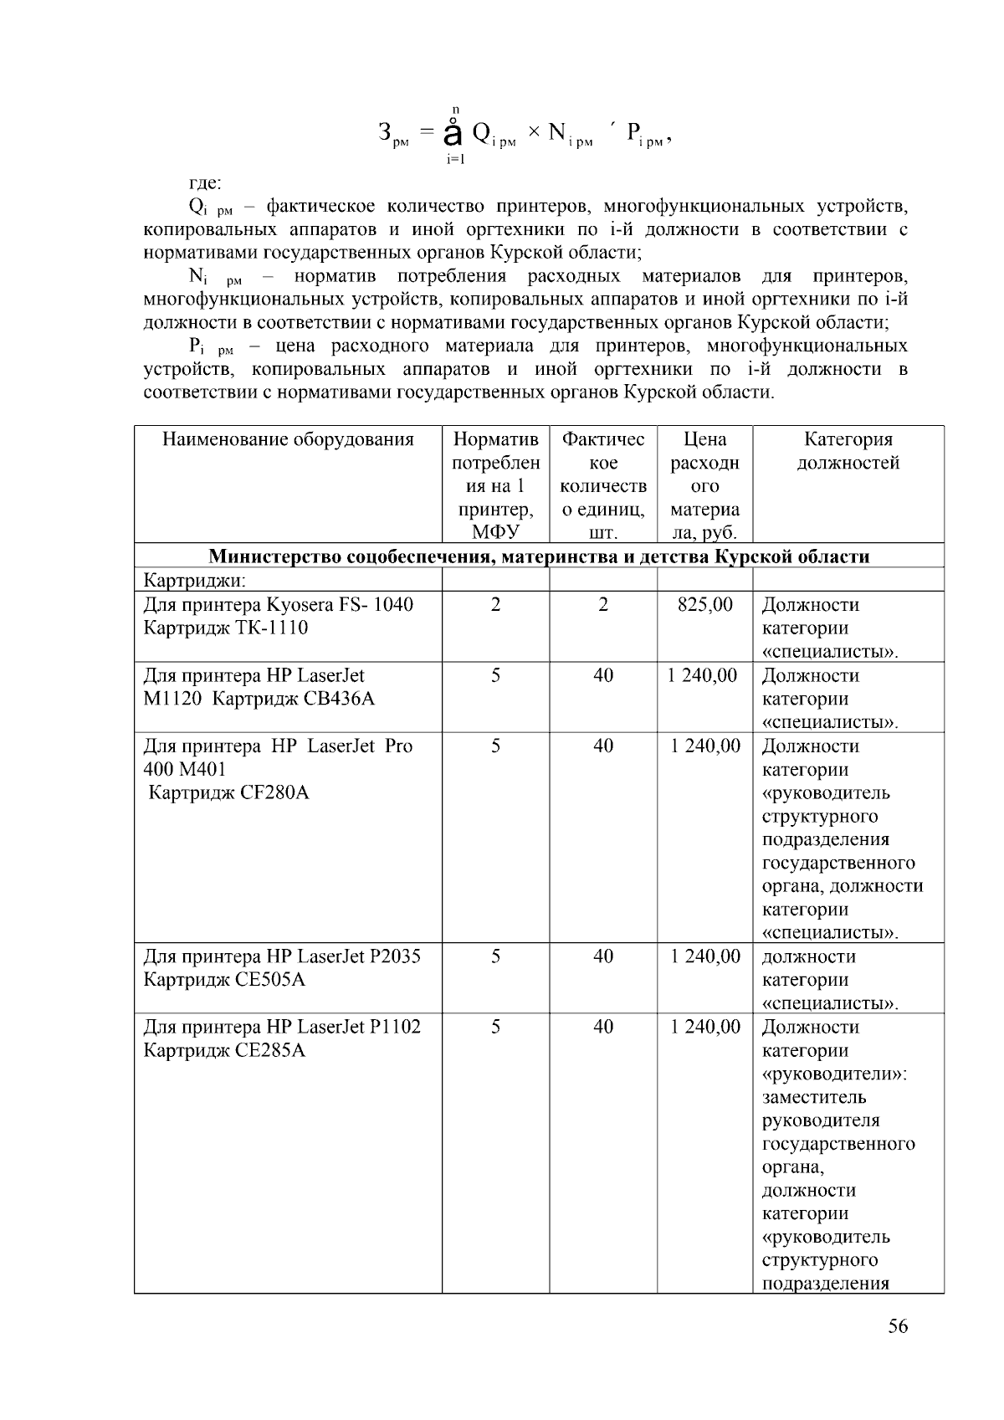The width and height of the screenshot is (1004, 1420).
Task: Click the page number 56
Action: click(x=898, y=1326)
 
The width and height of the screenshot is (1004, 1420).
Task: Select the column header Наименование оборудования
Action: click(x=288, y=439)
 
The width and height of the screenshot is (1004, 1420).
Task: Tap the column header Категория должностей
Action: click(x=848, y=451)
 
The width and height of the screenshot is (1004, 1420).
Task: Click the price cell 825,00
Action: click(x=704, y=604)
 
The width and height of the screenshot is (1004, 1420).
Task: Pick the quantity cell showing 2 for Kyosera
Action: click(x=603, y=604)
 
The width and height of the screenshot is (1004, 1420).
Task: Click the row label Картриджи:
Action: click(x=194, y=580)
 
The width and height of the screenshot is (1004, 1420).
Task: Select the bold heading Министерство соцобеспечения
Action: click(x=539, y=556)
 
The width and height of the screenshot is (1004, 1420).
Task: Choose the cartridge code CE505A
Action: click(x=272, y=980)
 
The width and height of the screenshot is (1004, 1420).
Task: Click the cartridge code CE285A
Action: click(x=272, y=1050)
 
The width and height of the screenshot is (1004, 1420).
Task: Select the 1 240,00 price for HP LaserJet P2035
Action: click(x=704, y=956)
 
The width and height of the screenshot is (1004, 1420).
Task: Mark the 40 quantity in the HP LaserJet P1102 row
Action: click(x=603, y=1027)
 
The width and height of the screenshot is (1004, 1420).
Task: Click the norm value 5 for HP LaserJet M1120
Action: click(x=495, y=675)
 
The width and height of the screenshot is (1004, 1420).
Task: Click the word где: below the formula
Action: click(x=205, y=182)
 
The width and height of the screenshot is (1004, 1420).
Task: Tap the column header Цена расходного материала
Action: click(x=704, y=485)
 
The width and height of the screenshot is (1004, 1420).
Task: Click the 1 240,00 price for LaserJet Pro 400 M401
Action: click(x=704, y=746)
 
